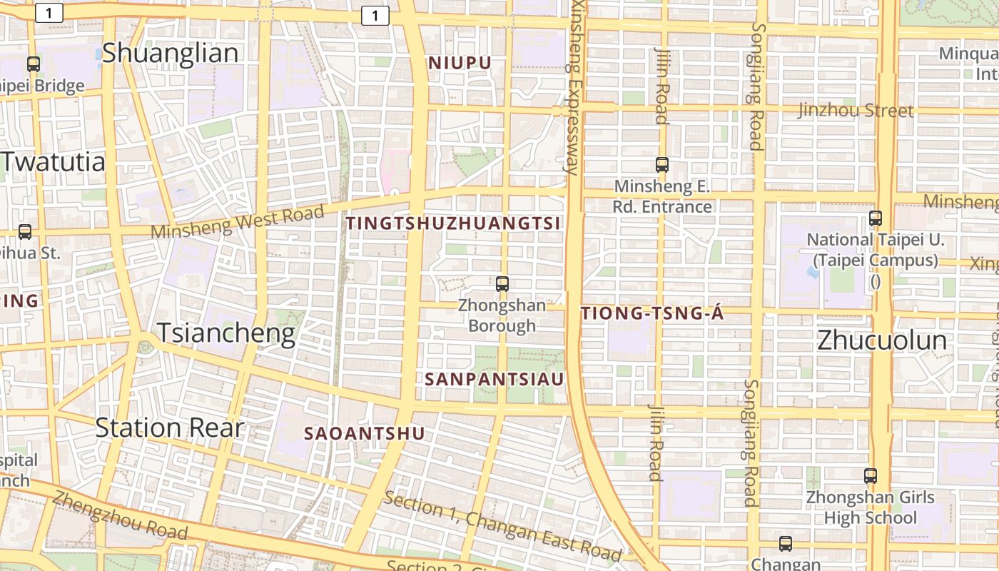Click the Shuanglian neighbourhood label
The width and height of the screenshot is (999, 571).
point(170,53)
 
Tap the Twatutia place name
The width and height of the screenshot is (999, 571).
point(54,162)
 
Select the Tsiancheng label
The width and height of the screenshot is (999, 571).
point(225,333)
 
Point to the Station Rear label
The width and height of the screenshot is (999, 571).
point(170,428)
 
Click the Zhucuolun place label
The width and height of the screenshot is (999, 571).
point(882,340)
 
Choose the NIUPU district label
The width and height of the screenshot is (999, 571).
point(460,63)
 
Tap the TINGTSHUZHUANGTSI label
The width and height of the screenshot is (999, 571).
point(453,223)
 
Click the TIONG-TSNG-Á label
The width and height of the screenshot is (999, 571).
point(653,314)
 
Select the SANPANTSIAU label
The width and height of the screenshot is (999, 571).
point(495,379)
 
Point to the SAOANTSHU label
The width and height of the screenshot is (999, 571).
point(365,433)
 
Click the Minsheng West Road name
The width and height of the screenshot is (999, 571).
point(238,221)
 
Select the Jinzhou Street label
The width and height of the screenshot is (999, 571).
point(856,111)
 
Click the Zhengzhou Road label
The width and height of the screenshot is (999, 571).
point(119,515)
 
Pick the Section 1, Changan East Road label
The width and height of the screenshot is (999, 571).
point(502,525)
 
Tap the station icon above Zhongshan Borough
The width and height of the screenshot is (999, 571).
point(502,284)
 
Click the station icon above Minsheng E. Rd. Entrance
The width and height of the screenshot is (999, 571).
point(662,165)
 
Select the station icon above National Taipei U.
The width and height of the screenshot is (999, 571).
point(876,218)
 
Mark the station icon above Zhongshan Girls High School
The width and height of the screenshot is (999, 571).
point(871,475)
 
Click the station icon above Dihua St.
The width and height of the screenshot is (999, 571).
point(25,231)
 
